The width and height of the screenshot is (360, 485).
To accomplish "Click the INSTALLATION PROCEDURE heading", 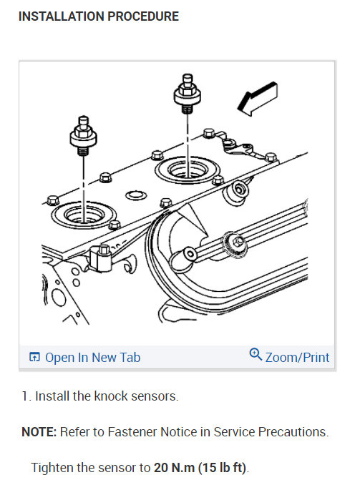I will coord(98,16).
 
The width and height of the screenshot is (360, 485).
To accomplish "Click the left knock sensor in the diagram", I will coord(83,135).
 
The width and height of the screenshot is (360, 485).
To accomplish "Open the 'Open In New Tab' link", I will coord(92,358).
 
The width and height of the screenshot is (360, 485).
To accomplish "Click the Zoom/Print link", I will coord(297,357).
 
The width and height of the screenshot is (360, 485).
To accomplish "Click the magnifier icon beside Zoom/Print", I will coord(256,355).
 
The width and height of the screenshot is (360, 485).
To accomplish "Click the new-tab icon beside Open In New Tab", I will coord(34,358).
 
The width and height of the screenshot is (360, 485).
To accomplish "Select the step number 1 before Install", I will coord(24,396).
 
